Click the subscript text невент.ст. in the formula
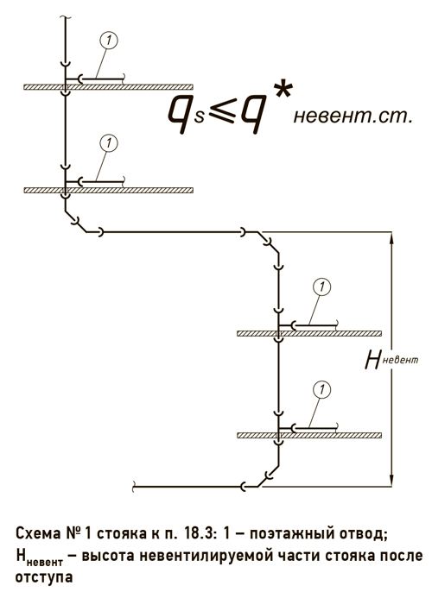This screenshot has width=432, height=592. pyautogui.click(x=353, y=117)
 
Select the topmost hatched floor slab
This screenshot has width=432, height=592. pyautogui.click(x=109, y=87)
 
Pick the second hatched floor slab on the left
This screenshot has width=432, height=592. pyautogui.click(x=109, y=190)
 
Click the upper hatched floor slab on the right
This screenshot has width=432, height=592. pyautogui.click(x=309, y=333)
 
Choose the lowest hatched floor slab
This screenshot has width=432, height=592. pyautogui.click(x=309, y=435)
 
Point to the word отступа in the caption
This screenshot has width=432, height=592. pyautogui.click(x=44, y=577)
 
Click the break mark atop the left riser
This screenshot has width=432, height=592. pyautogui.click(x=66, y=17)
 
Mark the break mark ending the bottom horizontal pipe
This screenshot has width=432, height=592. pyautogui.click(x=133, y=487)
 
